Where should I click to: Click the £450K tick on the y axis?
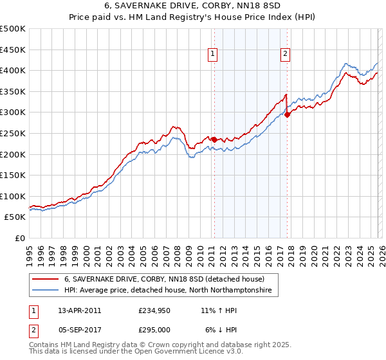[13, 50]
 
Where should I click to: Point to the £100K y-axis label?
[13, 196]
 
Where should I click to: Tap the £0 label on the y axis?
[20, 238]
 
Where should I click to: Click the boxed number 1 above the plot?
[213, 55]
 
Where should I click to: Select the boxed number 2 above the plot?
[285, 55]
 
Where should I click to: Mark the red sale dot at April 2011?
[214, 139]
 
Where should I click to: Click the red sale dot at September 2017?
[287, 114]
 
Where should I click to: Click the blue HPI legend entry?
[168, 291]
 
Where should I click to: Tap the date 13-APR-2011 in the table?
[80, 310]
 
